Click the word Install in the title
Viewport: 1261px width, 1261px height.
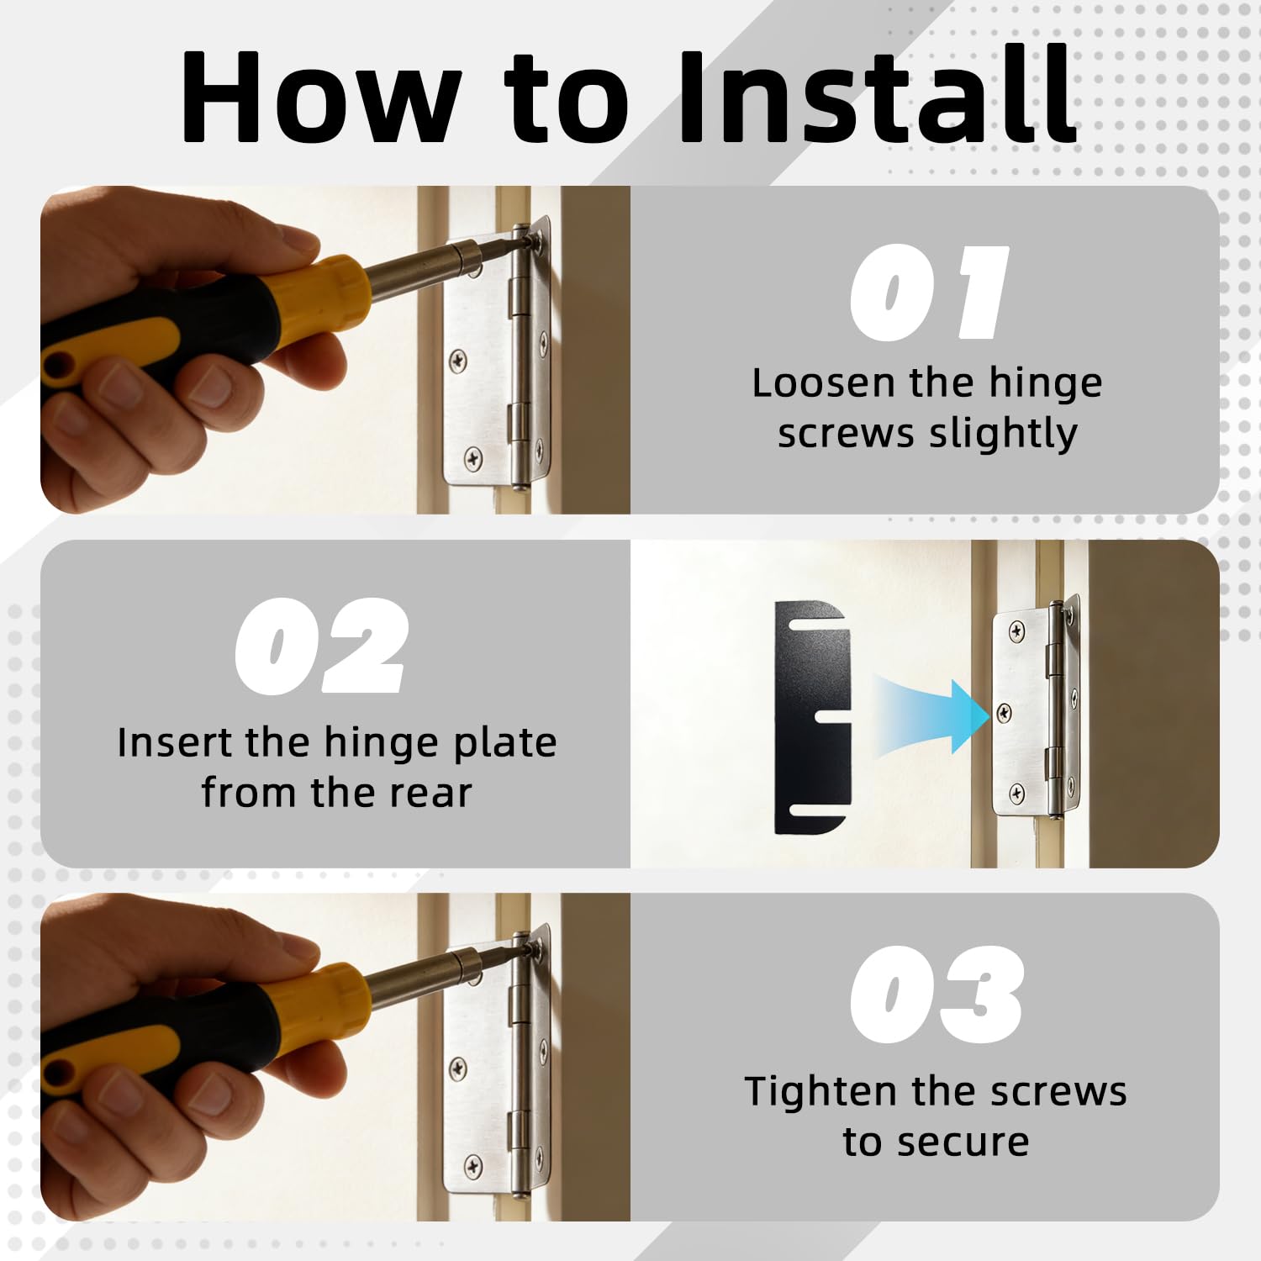(877, 96)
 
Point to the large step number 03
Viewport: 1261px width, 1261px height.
(937, 994)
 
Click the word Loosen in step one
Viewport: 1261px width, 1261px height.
(823, 383)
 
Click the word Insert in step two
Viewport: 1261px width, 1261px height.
(174, 742)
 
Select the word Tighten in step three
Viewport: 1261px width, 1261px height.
(822, 1093)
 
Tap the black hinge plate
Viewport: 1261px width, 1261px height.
(810, 717)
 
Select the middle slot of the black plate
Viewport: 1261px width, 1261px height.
(820, 716)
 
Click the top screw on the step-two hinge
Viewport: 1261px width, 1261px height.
(1017, 630)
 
